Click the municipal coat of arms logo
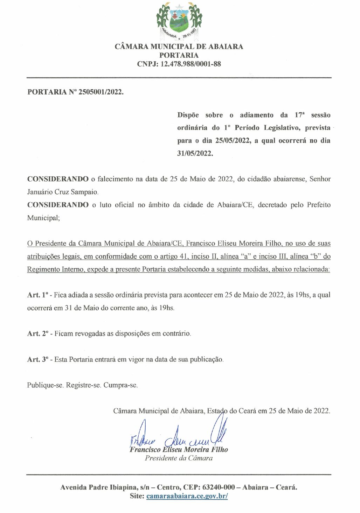pos(179,21)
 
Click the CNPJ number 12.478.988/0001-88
pos(191,64)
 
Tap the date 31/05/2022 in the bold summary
pos(195,153)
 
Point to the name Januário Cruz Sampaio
pos(63,192)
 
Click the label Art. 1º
pos(37,295)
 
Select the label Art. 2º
pos(37,334)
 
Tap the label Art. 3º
pos(37,360)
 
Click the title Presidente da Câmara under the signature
pos(179,458)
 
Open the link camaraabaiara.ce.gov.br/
pos(187,496)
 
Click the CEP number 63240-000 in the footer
pos(219,487)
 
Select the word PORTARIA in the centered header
pos(179,55)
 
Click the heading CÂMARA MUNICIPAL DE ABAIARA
pos(179,47)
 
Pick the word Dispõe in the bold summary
pos(188,115)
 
